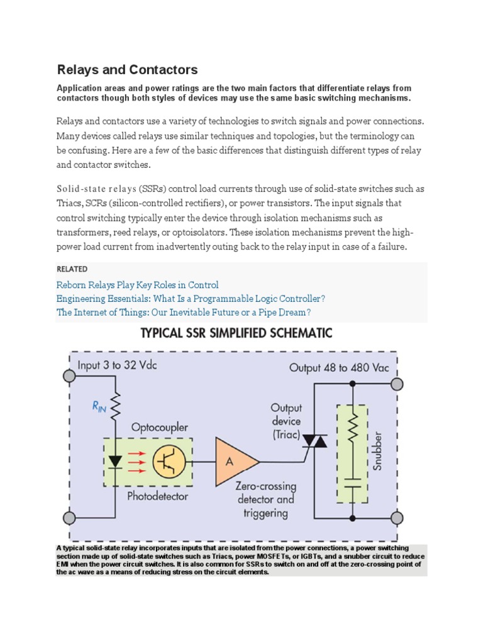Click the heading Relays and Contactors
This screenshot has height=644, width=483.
[x=127, y=70]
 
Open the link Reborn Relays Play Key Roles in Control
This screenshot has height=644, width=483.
[x=137, y=285]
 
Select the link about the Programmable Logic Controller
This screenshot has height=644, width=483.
[x=191, y=299]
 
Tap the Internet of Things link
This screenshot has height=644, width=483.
[x=183, y=313]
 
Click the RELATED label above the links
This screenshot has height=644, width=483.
[x=72, y=269]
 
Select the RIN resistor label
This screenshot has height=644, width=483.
[x=99, y=408]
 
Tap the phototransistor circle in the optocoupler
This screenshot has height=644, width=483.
[x=169, y=462]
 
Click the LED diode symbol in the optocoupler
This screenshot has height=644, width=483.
[x=114, y=462]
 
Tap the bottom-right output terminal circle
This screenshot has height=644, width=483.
[x=397, y=518]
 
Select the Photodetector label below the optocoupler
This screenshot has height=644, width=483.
[x=158, y=496]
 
